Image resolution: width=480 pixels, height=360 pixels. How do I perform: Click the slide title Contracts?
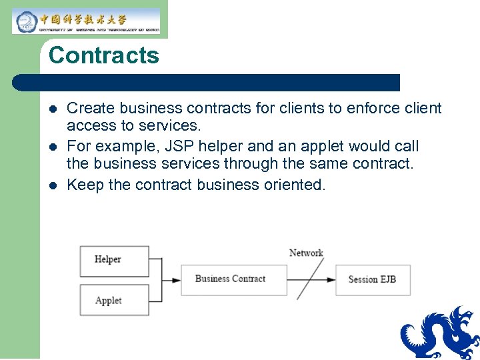pos(103,55)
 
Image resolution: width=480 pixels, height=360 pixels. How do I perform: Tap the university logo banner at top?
pos(86,21)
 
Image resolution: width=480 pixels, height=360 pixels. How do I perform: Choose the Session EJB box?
pos(372,279)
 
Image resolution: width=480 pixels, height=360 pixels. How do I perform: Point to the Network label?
pos(306,253)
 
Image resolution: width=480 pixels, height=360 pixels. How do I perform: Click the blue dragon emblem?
pos(441,333)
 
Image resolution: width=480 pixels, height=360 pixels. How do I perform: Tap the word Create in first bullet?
pos(89,108)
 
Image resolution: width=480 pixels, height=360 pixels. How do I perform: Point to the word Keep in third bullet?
pos(85,184)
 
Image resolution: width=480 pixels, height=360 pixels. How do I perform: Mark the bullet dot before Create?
pos(54,109)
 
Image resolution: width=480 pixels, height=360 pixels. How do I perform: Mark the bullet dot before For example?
pos(54,147)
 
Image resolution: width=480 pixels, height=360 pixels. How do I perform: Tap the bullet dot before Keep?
pos(54,185)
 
